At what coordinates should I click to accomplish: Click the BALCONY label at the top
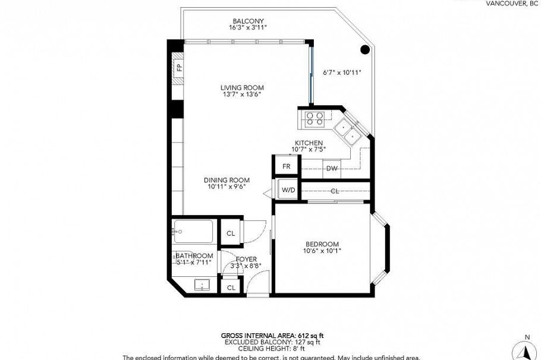[248, 21]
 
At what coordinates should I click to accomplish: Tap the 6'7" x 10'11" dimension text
[342, 73]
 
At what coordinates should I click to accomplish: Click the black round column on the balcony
[365, 49]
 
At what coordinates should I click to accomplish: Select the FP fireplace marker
[178, 67]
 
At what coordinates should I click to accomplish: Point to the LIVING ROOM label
[242, 87]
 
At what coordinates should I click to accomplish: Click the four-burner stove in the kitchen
[315, 119]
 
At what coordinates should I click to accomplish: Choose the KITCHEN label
[309, 143]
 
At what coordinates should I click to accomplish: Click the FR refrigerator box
[286, 166]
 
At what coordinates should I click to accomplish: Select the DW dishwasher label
[332, 169]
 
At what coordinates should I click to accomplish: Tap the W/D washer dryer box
[288, 190]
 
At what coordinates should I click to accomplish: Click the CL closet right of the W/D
[335, 191]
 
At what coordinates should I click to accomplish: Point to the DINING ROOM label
[227, 180]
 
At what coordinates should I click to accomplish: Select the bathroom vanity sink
[202, 286]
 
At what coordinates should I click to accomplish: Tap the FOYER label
[246, 259]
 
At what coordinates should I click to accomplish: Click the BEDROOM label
[322, 244]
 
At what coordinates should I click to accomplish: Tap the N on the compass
[527, 337]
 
